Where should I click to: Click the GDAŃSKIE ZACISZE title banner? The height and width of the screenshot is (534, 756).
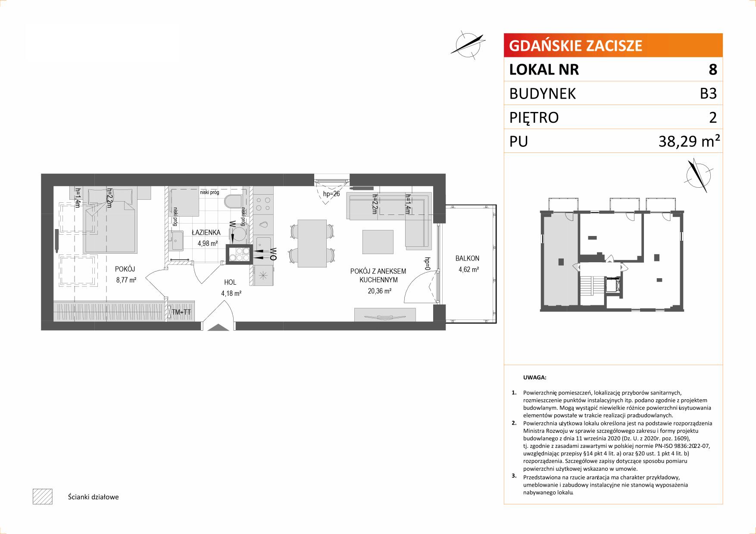613,45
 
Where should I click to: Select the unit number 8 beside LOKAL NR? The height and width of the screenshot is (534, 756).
713,69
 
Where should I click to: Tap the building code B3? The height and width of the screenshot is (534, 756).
708,93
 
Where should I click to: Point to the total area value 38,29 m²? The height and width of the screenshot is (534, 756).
689,141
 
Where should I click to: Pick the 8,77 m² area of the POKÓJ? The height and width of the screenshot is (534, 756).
126,280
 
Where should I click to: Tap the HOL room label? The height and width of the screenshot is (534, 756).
230,283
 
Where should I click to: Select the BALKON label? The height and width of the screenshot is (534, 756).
467,258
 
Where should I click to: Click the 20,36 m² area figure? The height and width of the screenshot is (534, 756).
379,291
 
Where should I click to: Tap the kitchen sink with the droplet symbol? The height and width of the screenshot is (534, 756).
263,225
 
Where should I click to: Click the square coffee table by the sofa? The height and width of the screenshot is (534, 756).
378,242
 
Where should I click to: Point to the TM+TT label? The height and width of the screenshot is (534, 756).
181,312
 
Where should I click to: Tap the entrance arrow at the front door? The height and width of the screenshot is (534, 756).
218,327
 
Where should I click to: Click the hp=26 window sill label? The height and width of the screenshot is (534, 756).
331,194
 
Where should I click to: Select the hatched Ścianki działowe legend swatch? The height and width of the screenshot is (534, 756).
42,497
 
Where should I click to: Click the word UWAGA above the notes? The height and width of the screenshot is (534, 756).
534,378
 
